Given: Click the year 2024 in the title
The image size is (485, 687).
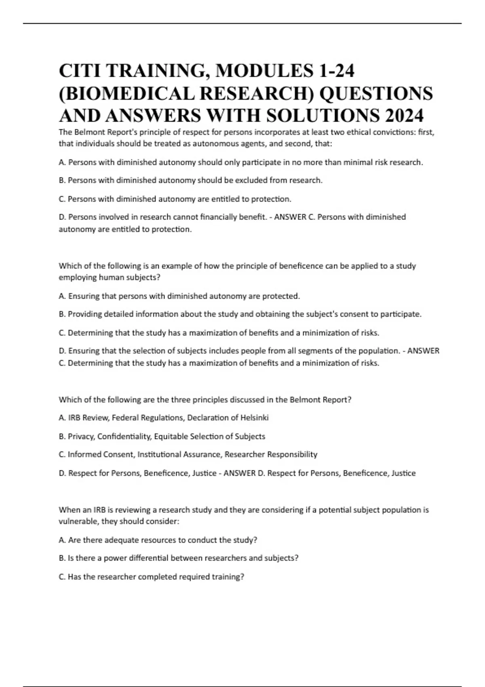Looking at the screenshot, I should point(404,116).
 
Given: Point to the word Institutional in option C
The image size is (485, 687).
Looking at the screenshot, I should point(159,454).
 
